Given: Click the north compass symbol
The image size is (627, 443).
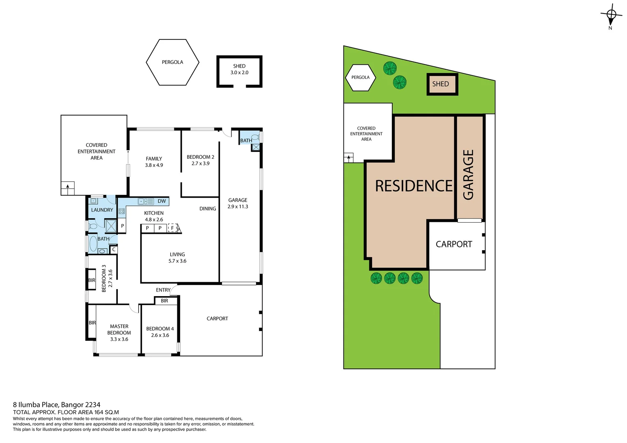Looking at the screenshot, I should pos(611,15).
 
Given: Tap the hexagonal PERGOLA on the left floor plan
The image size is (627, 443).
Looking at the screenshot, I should pos(172,62).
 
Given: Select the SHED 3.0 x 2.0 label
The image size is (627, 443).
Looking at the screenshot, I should pos(239,69).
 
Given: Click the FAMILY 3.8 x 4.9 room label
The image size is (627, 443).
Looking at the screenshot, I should pos(154,162).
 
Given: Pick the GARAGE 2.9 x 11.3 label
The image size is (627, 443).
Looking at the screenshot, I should pos(238,203).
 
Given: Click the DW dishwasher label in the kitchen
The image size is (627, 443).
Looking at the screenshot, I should pos(162,201).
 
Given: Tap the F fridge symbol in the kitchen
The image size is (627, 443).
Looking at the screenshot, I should pos(172,228).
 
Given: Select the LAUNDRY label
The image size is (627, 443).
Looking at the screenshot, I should pos(102,210).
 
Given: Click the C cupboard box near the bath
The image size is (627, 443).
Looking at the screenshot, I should pos(114,249).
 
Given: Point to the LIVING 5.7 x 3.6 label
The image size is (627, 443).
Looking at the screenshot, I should pos(177,258).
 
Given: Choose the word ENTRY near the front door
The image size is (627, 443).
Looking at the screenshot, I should pos(163,290).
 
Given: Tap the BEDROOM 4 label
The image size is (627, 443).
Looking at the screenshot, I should pos(160,332).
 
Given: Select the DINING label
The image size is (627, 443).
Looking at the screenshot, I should pos(208,209).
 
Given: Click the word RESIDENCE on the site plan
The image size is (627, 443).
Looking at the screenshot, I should pos(414,186).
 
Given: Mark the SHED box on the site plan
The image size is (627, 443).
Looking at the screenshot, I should pos(442,84).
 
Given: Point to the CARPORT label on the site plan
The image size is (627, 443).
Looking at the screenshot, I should pos(454,244).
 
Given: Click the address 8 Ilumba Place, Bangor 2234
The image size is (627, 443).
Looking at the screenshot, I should pos(57,405).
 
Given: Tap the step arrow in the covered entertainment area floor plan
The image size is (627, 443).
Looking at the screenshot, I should pos(68,188).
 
